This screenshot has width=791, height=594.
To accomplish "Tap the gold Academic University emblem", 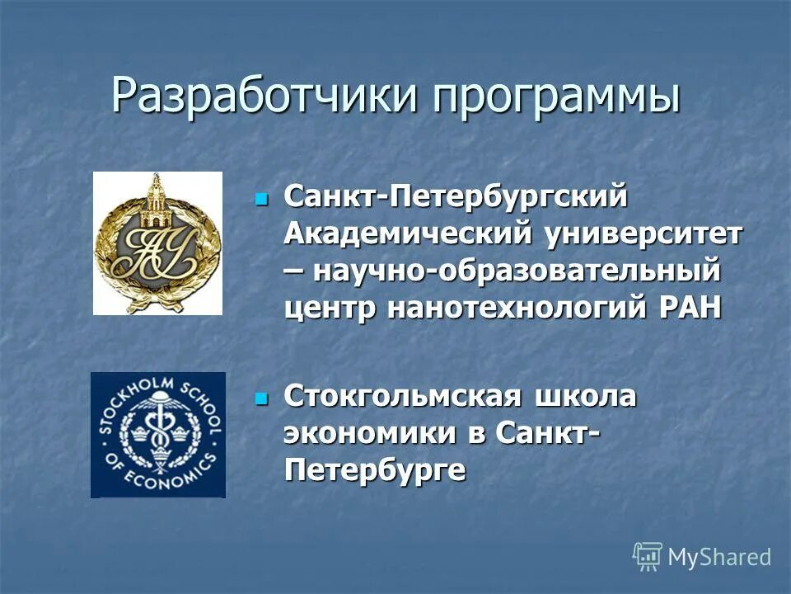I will pos(157,243).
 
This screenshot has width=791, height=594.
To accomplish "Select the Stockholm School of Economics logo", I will pos(157,435).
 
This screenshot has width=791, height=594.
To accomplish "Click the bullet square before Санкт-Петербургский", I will pos(262,199).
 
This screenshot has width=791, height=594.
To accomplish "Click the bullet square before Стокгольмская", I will pos(262,399).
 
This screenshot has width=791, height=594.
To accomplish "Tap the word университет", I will pos(641,234).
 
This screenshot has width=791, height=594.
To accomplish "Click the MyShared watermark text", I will pos(718,557).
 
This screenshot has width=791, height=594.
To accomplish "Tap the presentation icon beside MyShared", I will pos(648,557).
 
